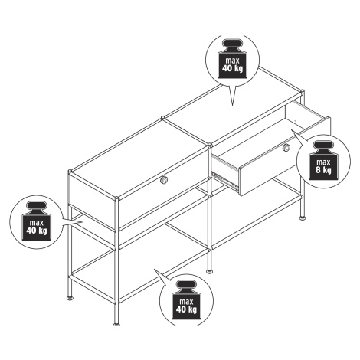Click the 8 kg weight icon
click(x=323, y=161)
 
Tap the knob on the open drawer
click(x=286, y=148)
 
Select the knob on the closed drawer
click(x=164, y=180)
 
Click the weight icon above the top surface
click(x=233, y=59)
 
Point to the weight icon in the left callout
click(x=37, y=221)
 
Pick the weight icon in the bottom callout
click(x=186, y=300)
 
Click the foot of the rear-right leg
click(x=303, y=218)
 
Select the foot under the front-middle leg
click(x=209, y=272)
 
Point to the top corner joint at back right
click(x=303, y=91)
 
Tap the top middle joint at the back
click(x=162, y=118)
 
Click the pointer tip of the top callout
click(x=232, y=105)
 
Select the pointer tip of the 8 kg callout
click(x=292, y=130)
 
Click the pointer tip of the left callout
click(x=82, y=222)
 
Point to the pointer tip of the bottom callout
click(x=154, y=270)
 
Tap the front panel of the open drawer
click(x=285, y=156)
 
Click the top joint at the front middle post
click(x=210, y=146)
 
